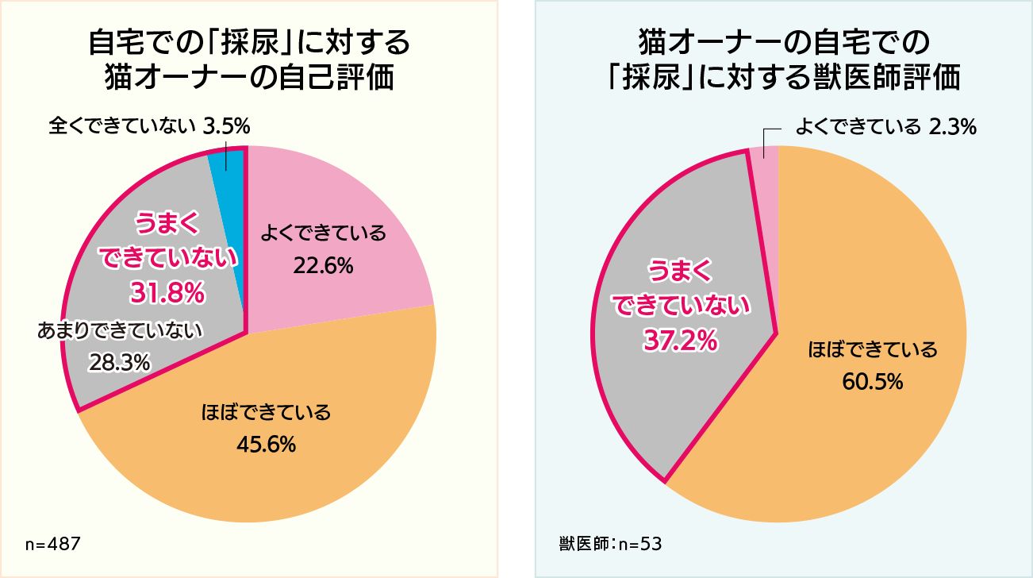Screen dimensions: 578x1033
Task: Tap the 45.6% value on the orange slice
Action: pyautogui.click(x=267, y=445)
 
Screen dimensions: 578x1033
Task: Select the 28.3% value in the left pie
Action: pyautogui.click(x=120, y=363)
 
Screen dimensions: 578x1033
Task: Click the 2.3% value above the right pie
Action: pyautogui.click(x=952, y=126)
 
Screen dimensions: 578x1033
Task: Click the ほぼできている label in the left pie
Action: pyautogui.click(x=266, y=413)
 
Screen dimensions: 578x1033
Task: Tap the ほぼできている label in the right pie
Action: pyautogui.click(x=872, y=349)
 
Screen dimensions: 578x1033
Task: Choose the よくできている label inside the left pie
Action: pyautogui.click(x=323, y=233)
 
